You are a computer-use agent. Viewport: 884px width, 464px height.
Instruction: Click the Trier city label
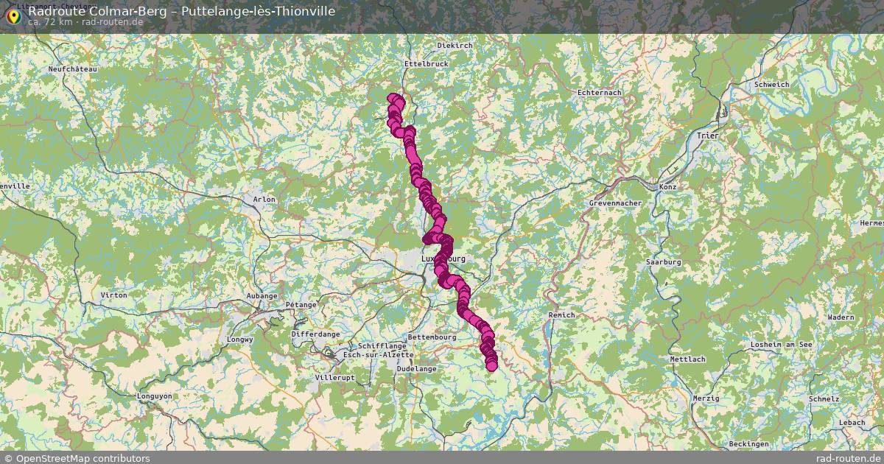coord(707,136)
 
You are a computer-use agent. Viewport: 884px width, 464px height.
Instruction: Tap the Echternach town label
coord(600,93)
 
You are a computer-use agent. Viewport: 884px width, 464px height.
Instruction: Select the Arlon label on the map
coord(264,200)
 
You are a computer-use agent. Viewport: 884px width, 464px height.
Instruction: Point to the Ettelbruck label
coord(426,64)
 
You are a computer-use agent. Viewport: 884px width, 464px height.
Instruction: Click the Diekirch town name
coord(455,46)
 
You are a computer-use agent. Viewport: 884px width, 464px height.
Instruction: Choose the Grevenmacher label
coord(616,203)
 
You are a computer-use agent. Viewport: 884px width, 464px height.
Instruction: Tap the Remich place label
coord(562,315)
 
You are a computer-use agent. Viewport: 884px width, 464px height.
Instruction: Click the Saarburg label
coord(663,262)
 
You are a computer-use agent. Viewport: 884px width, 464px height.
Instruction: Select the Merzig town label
coord(706,398)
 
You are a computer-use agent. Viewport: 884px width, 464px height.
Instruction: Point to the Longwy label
coord(241,340)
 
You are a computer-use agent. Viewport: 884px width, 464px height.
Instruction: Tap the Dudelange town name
coord(416,368)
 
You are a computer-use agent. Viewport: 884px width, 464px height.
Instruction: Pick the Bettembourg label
coord(432,337)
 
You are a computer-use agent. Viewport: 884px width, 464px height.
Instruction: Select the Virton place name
coord(113,295)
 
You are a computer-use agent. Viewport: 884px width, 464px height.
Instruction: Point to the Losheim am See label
coord(781,345)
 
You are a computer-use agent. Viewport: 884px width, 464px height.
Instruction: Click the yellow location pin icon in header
coord(13,15)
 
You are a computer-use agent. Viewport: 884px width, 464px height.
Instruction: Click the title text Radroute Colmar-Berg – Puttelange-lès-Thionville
coord(181,11)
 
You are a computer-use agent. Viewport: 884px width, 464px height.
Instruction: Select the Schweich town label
coord(771,85)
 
